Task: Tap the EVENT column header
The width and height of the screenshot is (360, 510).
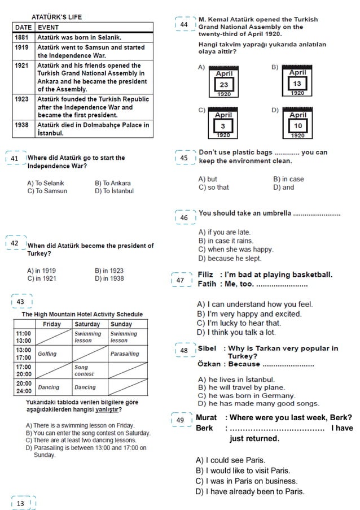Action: click(49, 27)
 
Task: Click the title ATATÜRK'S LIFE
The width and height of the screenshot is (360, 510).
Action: click(56, 17)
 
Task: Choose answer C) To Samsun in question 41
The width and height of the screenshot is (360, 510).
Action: click(47, 191)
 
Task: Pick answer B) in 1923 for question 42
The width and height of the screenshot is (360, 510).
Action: click(109, 271)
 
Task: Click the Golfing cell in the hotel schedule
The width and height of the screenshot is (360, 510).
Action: click(47, 354)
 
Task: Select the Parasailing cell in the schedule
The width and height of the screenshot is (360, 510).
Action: click(125, 354)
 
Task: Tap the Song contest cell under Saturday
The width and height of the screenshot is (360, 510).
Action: click(85, 370)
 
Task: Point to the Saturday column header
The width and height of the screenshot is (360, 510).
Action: click(87, 324)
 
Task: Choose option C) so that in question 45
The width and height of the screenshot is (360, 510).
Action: click(214, 188)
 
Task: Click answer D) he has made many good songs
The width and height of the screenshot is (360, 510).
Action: click(257, 403)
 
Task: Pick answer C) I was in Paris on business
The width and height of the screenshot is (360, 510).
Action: click(246, 481)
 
